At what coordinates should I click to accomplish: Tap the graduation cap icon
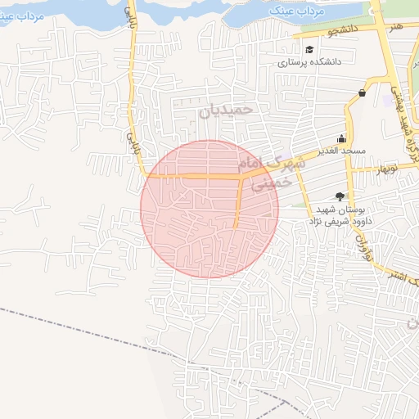click(309, 50)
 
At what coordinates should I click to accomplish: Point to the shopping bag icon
click(362, 93)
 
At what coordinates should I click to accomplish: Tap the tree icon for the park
click(340, 196)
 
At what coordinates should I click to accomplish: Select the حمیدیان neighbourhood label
click(227, 108)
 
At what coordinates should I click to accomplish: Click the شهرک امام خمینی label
click(275, 171)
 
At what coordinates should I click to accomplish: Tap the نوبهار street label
click(385, 169)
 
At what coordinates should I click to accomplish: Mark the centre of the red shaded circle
click(209, 209)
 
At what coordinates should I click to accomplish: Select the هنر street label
click(396, 29)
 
